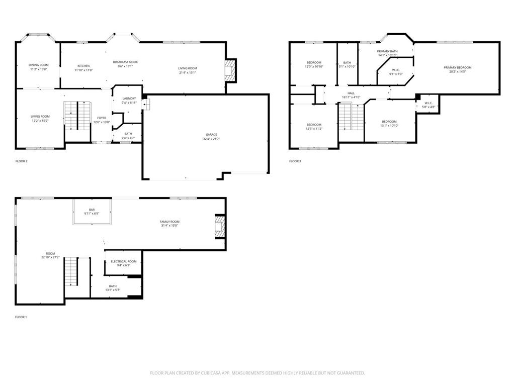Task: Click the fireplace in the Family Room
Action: (219, 227)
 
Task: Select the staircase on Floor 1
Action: (71, 271)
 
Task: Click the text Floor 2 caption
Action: (21, 161)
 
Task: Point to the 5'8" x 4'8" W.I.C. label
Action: (428, 105)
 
